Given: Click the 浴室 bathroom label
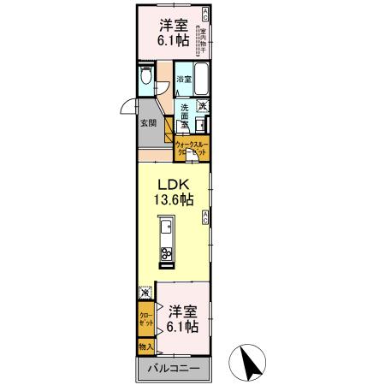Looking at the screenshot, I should [x=183, y=80].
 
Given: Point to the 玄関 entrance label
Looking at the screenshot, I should [x=148, y=122].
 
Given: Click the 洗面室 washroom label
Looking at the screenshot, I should [x=184, y=115].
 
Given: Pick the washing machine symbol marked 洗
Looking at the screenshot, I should [x=204, y=106].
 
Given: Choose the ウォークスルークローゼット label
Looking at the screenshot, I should [x=192, y=149].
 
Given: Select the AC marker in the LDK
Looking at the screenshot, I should [x=206, y=218].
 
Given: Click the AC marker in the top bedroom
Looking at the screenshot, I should [x=204, y=13].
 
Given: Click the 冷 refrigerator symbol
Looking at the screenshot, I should [x=146, y=292].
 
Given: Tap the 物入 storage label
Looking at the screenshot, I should [x=146, y=348].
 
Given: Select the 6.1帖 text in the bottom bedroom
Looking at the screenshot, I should [x=183, y=328].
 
